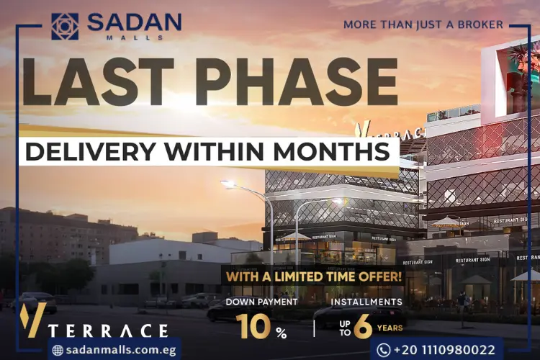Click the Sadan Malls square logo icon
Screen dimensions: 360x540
tap(65, 26)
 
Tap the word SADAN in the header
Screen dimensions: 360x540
tap(134, 22)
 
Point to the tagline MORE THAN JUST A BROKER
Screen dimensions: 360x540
tap(423, 24)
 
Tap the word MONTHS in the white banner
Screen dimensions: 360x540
tap(338, 152)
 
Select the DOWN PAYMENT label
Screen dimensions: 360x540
tap(261, 302)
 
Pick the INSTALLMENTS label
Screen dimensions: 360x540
tap(366, 302)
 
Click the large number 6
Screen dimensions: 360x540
tap(364, 327)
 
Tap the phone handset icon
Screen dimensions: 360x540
tap(383, 350)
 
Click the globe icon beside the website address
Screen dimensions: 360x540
tap(58, 350)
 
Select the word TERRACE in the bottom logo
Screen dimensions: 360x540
tap(109, 330)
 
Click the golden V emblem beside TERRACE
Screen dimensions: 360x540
tap(33, 320)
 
